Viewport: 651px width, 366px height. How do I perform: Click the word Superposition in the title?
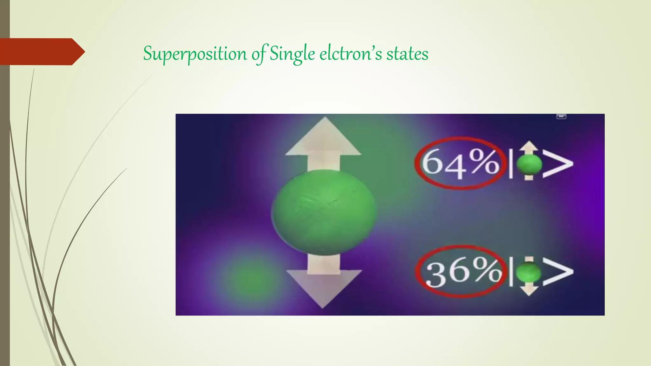coord(195,54)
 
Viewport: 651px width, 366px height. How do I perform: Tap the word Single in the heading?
coord(292,54)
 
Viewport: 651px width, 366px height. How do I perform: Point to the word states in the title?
coord(407,54)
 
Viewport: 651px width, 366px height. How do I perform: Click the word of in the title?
coord(258,54)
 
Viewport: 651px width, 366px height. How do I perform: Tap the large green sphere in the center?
coord(323,212)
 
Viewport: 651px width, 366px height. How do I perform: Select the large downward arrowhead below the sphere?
coord(324,288)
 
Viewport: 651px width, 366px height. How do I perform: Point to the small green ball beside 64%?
coord(529,164)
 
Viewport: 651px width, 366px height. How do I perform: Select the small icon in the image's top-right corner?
coord(561,117)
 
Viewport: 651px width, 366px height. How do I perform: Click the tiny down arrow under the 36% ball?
coord(529,290)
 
